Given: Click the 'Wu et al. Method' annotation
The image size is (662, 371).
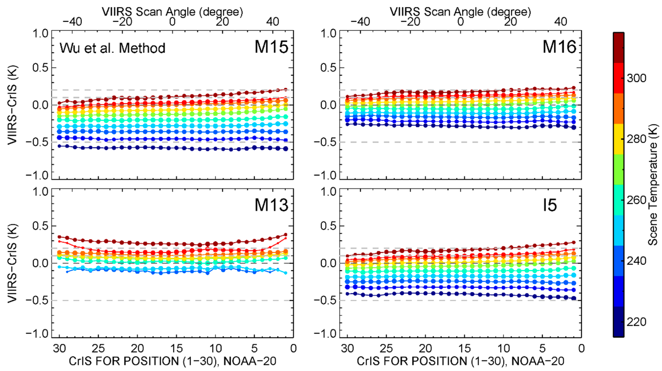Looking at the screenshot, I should [x=112, y=48].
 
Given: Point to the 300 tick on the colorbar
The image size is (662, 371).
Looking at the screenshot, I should [x=636, y=78].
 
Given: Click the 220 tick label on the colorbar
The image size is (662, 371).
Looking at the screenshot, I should [x=636, y=322].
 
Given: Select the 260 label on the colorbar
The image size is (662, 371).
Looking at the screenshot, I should [x=636, y=200].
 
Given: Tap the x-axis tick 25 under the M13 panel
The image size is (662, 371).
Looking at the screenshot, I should [x=98, y=349].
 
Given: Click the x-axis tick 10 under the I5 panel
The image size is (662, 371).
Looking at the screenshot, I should [x=503, y=349].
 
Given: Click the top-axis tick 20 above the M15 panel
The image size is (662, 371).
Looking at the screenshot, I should [x=222, y=22].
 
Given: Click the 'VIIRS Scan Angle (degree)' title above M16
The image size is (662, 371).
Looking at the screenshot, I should [x=460, y=12].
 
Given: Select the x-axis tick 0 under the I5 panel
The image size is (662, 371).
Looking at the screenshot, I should [x=581, y=349].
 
